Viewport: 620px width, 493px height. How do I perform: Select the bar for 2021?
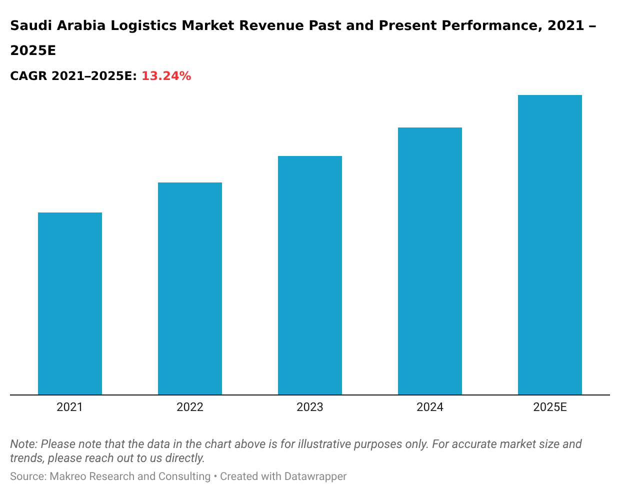pyautogui.click(x=70, y=303)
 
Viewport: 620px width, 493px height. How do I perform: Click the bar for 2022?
pyautogui.click(x=190, y=288)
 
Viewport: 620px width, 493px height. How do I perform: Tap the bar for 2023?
pyautogui.click(x=310, y=275)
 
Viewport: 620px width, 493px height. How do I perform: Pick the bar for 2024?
pyautogui.click(x=430, y=261)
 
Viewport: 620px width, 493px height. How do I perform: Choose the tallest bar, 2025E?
pyautogui.click(x=550, y=245)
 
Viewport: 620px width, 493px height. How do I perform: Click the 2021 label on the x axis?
pyautogui.click(x=69, y=407)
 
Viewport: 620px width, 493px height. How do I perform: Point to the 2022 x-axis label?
pyautogui.click(x=190, y=407)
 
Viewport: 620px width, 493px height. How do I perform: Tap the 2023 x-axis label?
pyautogui.click(x=310, y=407)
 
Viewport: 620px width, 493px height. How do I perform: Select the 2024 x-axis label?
pyautogui.click(x=430, y=407)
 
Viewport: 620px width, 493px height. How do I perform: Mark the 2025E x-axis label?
pyautogui.click(x=550, y=407)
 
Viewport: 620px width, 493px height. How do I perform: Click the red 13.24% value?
pyautogui.click(x=166, y=76)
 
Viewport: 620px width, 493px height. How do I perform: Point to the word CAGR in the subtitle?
pyautogui.click(x=28, y=76)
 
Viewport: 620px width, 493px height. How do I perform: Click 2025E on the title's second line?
pyautogui.click(x=33, y=50)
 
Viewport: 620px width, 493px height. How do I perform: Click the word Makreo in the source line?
pyautogui.click(x=66, y=476)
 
